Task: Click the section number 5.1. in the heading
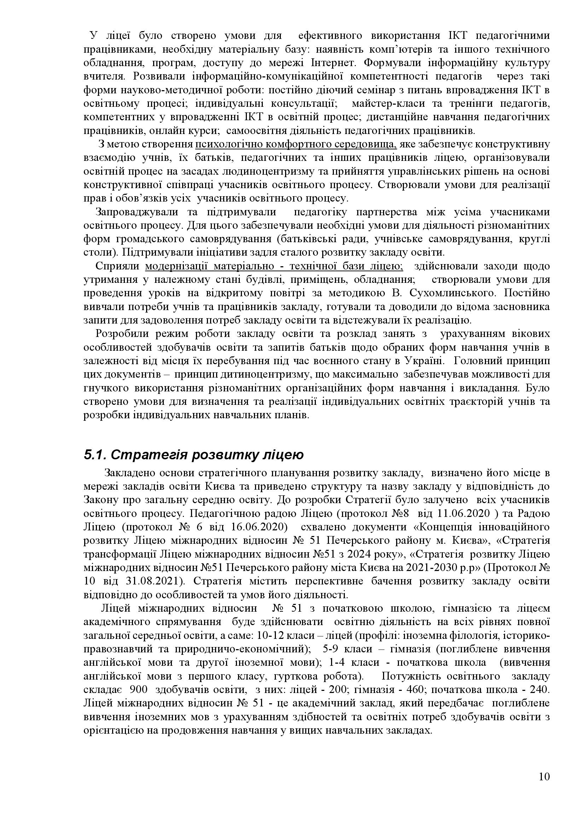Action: pyautogui.click(x=95, y=455)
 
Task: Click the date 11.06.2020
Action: pyautogui.click(x=458, y=513)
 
